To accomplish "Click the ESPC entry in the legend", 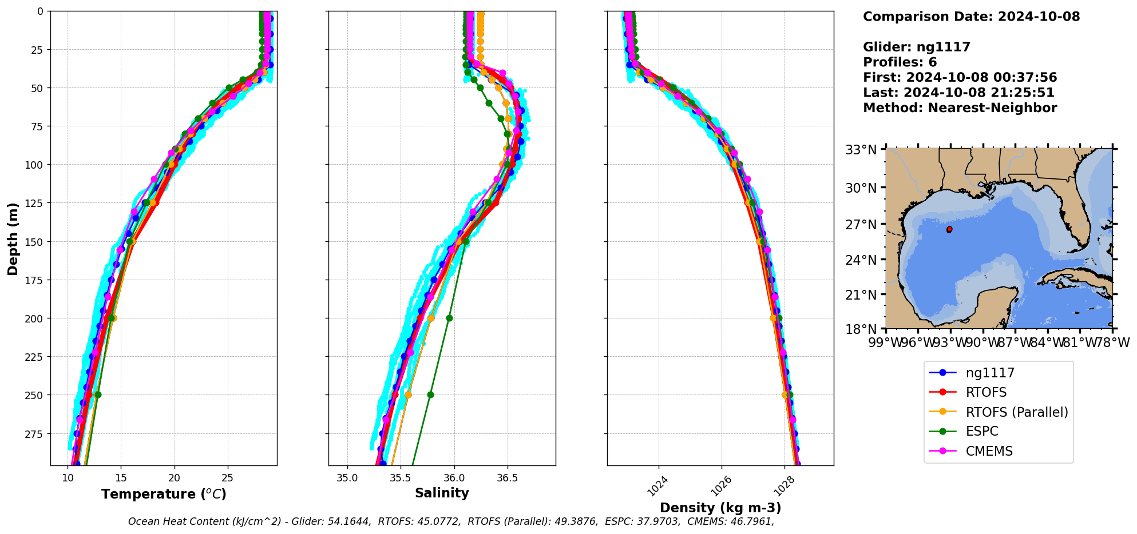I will (x=981, y=432).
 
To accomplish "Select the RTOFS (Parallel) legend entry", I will (x=1016, y=412).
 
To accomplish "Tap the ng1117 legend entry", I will (x=990, y=373).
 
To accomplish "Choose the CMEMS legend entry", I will (x=989, y=451).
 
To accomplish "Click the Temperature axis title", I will (x=164, y=494).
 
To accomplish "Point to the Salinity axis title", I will (x=442, y=493).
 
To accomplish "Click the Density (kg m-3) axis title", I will (x=720, y=508).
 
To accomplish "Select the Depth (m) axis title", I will (x=13, y=238).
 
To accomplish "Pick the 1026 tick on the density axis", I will (x=718, y=485).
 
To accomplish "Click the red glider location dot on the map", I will (x=949, y=229).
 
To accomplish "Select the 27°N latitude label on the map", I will (x=861, y=225).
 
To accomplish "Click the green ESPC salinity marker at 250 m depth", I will (x=430, y=394).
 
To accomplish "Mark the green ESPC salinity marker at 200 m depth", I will (x=449, y=318).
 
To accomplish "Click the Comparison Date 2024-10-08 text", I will (x=971, y=17).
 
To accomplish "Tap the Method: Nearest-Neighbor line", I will (x=960, y=108).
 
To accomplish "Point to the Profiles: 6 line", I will (x=900, y=62).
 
